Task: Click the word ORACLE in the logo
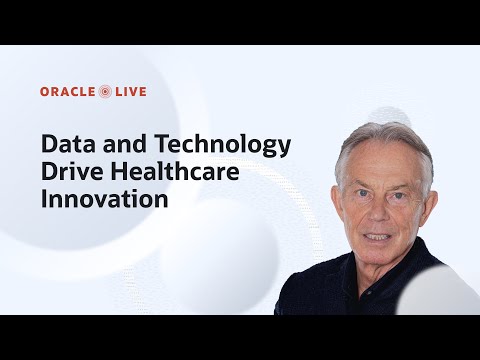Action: click(68, 92)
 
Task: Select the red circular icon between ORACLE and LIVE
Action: click(106, 92)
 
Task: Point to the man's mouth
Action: click(379, 236)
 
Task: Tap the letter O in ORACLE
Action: click(45, 92)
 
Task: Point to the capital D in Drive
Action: click(49, 171)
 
